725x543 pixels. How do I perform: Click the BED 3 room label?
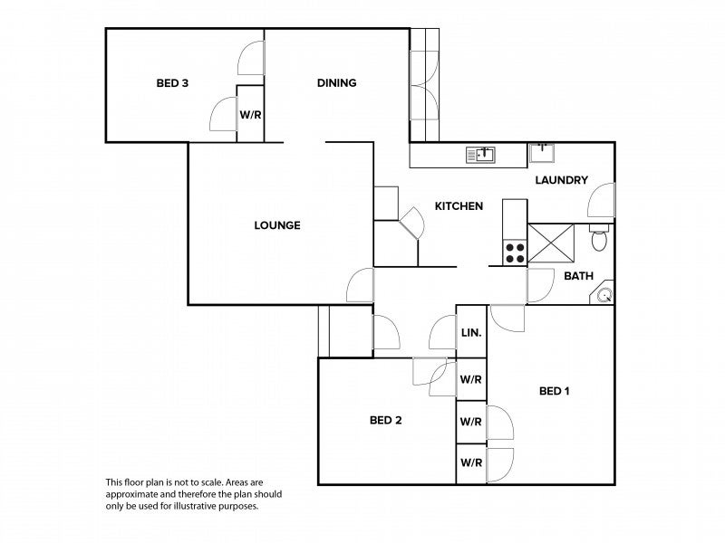point(172,84)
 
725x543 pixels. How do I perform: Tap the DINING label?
point(336,83)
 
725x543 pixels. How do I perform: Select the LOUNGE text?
point(277,225)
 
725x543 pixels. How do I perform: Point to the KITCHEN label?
point(459,206)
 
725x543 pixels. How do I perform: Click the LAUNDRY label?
point(562,180)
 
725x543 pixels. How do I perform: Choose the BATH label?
point(579,276)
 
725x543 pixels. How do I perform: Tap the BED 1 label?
point(554,391)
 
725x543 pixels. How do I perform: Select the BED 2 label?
point(385,420)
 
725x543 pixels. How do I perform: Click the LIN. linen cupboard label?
point(470,333)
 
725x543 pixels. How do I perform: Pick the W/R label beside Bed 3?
point(250,115)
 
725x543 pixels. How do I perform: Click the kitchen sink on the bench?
point(480,155)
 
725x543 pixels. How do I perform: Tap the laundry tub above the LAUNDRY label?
point(544,149)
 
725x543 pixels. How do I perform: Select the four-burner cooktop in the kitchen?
point(515,252)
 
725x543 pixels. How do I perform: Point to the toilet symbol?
point(597,241)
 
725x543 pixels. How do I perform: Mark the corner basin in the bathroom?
point(604,294)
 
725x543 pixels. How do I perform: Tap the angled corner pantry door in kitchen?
point(412,224)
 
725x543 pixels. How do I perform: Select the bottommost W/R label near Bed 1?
point(470,463)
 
